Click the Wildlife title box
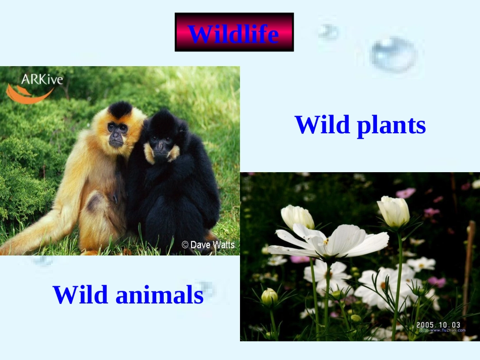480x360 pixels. tap(234, 32)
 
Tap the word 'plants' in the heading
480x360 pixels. tap(391, 125)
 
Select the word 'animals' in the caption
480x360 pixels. tap(159, 295)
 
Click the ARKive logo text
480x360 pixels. tap(42, 79)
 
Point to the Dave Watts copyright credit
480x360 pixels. tap(208, 245)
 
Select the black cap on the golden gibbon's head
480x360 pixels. tap(120, 109)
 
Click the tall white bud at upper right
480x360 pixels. tap(394, 211)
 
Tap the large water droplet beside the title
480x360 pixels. tap(393, 55)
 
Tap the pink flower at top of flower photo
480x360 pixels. tap(405, 193)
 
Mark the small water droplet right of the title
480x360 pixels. tap(328, 32)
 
